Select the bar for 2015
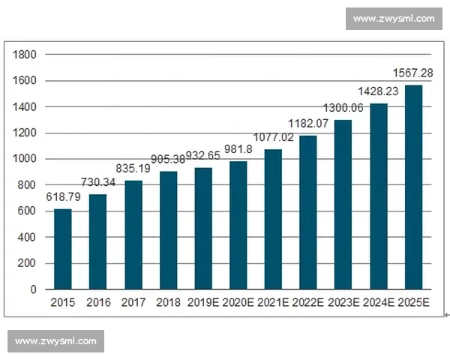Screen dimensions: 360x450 click(63, 249)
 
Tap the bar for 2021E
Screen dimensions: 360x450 click(274, 219)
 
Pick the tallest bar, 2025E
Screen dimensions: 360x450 click(414, 187)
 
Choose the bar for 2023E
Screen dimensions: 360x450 click(343, 204)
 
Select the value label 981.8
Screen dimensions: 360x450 click(238, 150)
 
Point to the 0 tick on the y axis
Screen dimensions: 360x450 click(33, 289)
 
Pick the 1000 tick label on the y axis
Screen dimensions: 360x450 click(25, 159)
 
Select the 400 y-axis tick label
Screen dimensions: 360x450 click(28, 238)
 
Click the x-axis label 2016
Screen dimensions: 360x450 click(98, 303)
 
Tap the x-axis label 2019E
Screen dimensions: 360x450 click(203, 303)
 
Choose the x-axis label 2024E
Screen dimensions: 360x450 click(379, 303)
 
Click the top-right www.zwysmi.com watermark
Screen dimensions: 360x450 click(393, 19)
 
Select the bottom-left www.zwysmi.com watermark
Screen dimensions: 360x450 click(56, 341)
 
